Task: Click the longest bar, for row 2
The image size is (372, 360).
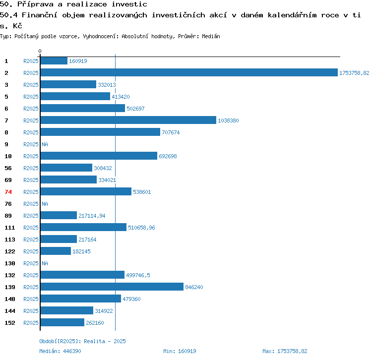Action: click(189, 72)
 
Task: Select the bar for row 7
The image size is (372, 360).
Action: click(128, 120)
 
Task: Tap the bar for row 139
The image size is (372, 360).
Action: click(112, 287)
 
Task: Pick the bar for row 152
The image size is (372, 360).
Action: click(62, 322)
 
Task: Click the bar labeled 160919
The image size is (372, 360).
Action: click(54, 60)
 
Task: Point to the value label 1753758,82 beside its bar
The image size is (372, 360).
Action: click(354, 73)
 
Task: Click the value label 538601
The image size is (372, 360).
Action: click(142, 192)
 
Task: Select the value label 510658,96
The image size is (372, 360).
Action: click(141, 228)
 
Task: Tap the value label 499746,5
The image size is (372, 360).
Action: click(138, 275)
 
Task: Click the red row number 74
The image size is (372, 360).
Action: click(8, 192)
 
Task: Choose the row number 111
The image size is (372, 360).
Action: click(10, 228)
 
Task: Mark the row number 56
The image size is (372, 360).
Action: click(8, 168)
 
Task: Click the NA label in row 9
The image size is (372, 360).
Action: click(45, 144)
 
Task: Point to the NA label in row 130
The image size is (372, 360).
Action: click(45, 263)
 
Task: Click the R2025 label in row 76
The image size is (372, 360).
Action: click(31, 204)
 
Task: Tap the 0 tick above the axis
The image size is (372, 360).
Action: click(40, 51)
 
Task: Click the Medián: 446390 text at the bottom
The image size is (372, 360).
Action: click(60, 351)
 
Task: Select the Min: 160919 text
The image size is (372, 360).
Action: click(180, 351)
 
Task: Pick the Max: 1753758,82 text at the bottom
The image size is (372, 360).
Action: click(285, 351)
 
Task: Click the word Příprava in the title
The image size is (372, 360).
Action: click(35, 4)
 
